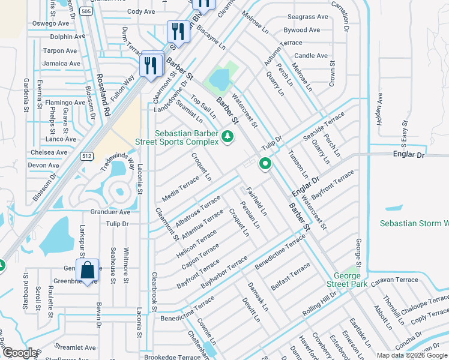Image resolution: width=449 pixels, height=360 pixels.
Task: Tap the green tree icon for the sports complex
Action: [x=227, y=138]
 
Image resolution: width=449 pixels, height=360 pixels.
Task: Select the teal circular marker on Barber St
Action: [x=265, y=163]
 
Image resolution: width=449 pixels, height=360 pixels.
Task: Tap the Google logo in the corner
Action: [x=20, y=353]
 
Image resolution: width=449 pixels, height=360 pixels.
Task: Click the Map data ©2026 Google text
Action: [x=411, y=355]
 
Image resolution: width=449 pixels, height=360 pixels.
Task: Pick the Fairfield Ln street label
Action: [x=256, y=201]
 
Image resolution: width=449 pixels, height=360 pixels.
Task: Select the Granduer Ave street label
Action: [x=110, y=212]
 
